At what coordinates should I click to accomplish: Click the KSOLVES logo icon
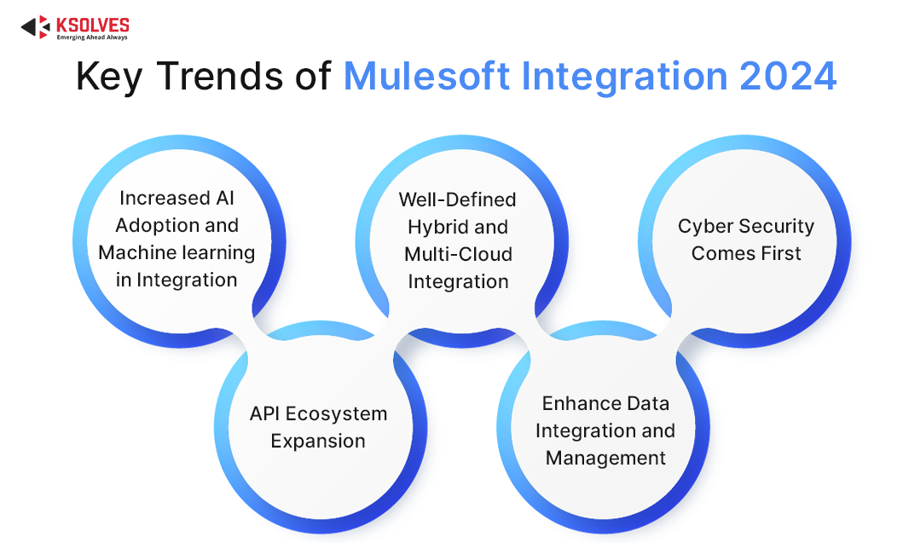[36, 27]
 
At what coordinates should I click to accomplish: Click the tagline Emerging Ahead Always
[91, 38]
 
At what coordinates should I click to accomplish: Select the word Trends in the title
[219, 76]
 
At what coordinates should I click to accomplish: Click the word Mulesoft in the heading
[426, 76]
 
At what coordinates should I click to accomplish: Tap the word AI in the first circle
[224, 198]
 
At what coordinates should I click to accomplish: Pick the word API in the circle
[264, 413]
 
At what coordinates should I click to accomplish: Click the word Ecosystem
[336, 414]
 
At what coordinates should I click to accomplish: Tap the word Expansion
[318, 442]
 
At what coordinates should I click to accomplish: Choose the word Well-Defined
[457, 199]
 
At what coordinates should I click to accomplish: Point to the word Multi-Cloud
[458, 254]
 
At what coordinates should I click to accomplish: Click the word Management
[605, 459]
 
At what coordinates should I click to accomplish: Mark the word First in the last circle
[782, 253]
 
